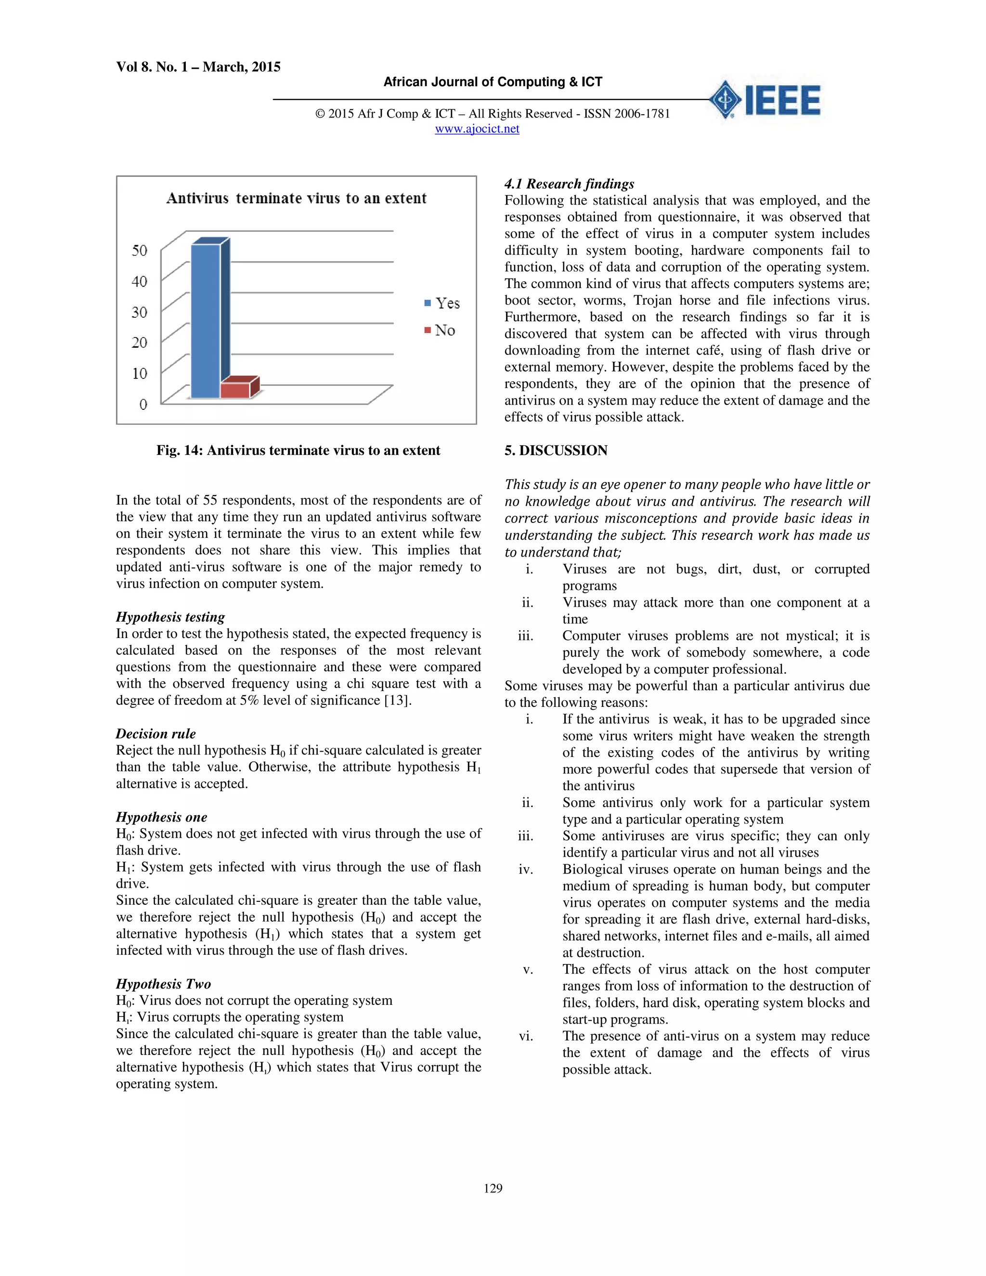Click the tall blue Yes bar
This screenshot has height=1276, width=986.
coord(206,321)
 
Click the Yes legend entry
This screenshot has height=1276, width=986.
coord(442,303)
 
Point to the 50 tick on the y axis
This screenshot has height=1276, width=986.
coord(139,251)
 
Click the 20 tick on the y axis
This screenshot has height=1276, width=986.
coord(139,342)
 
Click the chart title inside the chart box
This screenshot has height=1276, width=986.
coord(296,199)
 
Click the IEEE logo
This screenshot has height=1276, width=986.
coord(765,99)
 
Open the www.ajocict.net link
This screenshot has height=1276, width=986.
coord(477,129)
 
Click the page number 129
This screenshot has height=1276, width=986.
coord(493,1188)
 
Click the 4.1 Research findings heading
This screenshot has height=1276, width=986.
coord(569,184)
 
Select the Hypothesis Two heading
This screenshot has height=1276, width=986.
coord(163,984)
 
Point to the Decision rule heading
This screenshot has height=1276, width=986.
coord(156,734)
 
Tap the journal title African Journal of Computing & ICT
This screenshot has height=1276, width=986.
coord(493,82)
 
